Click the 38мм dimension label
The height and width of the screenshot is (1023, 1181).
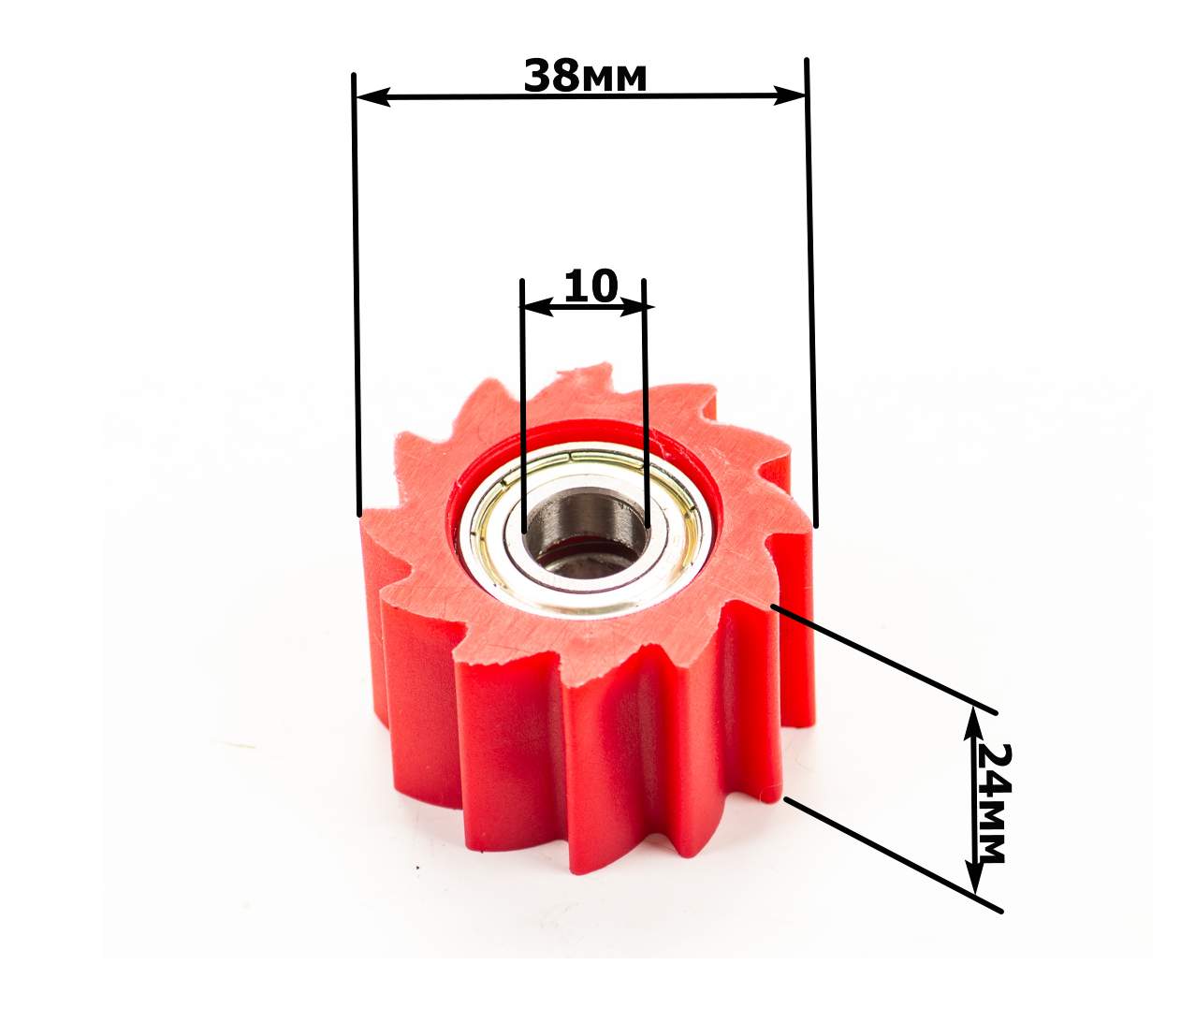click(585, 76)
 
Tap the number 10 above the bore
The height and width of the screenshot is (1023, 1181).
click(590, 285)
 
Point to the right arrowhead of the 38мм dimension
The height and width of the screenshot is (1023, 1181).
click(789, 95)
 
